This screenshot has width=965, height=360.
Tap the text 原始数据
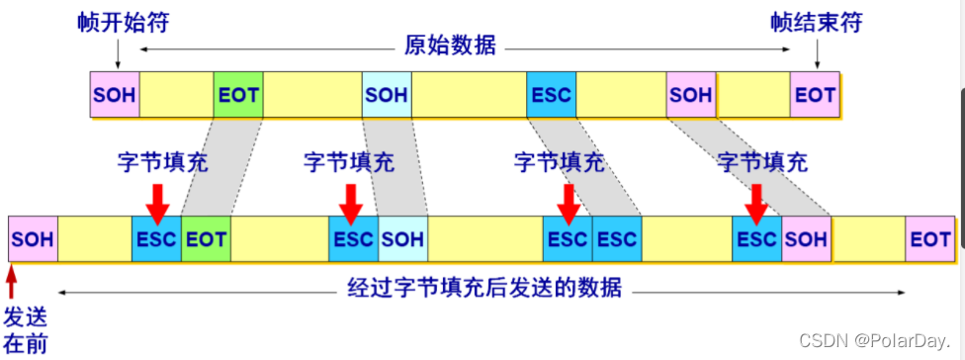pyautogui.click(x=450, y=45)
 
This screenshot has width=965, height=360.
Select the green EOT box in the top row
pyautogui.click(x=238, y=95)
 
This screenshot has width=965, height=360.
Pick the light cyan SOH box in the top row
pyautogui.click(x=387, y=95)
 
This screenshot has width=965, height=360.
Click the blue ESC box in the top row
pyautogui.click(x=552, y=95)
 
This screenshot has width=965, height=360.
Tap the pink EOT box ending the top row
pyautogui.click(x=815, y=95)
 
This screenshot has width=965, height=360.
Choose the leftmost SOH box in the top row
pyautogui.click(x=115, y=95)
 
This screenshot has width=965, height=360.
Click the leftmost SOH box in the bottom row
pyautogui.click(x=33, y=239)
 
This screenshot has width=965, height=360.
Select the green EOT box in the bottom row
pyautogui.click(x=206, y=239)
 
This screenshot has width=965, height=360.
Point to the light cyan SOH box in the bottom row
pyautogui.click(x=402, y=239)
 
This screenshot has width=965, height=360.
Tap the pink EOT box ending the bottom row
pyautogui.click(x=930, y=239)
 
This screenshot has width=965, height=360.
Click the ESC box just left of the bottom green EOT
pyautogui.click(x=156, y=239)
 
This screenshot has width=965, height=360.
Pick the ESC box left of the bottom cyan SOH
pyautogui.click(x=353, y=239)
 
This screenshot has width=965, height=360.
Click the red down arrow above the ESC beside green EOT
pyautogui.click(x=156, y=201)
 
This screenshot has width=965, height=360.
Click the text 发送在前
pyautogui.click(x=23, y=330)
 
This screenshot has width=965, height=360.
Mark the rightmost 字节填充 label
pyautogui.click(x=761, y=161)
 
